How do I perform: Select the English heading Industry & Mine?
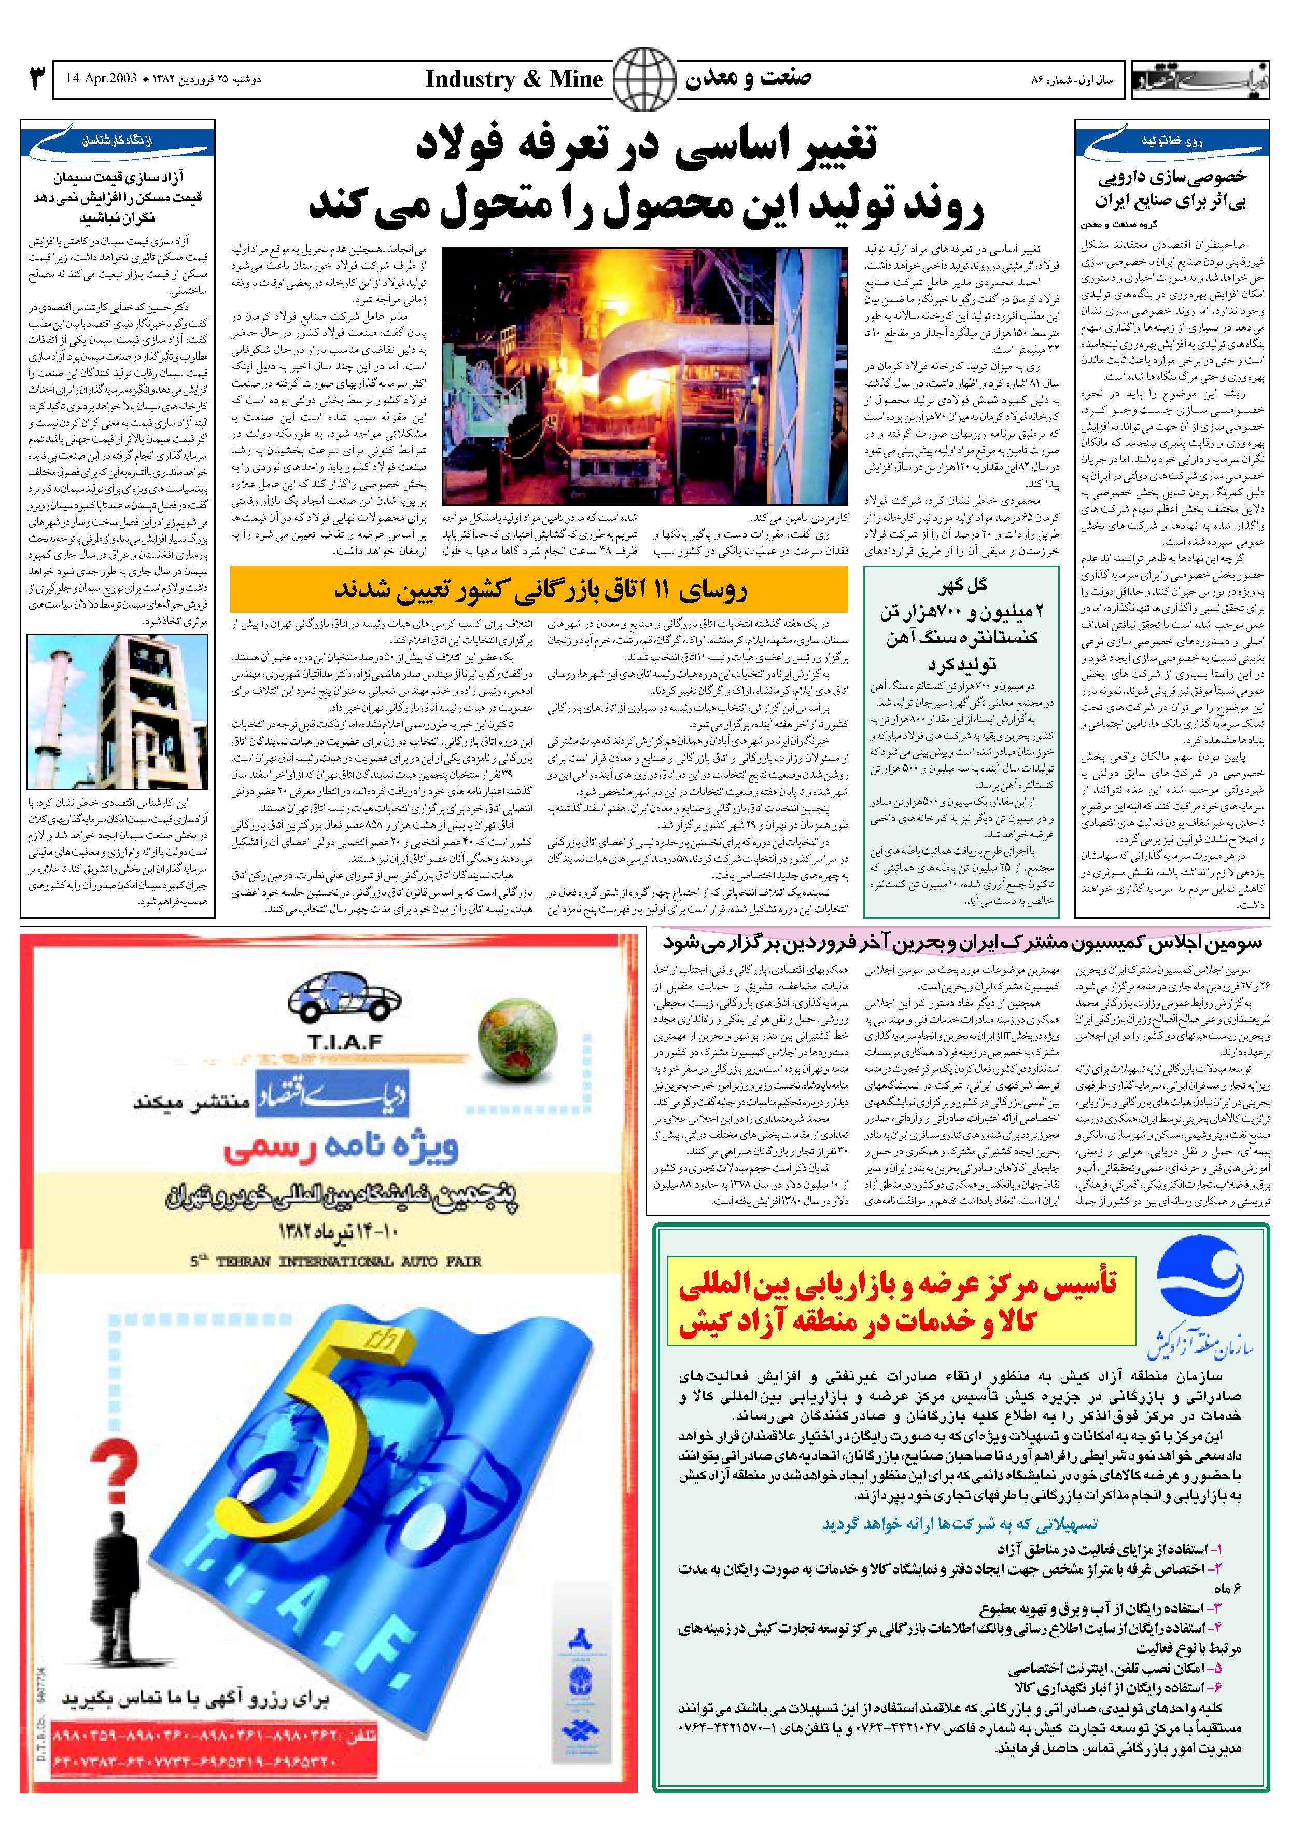514,79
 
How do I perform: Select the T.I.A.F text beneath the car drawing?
345,1043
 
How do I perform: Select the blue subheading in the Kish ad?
959,1524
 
